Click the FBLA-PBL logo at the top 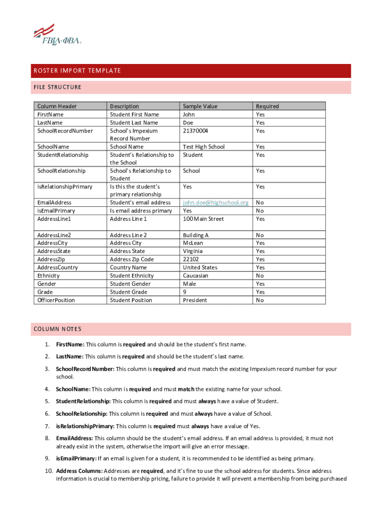[x=57, y=35]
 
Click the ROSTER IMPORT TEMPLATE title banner [x=76, y=70]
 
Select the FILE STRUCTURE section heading [x=57, y=87]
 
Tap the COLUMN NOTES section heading [x=58, y=329]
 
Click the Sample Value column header [x=200, y=106]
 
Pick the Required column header [x=267, y=106]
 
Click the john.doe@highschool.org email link [x=215, y=202]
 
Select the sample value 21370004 [x=195, y=130]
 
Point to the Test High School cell [x=203, y=146]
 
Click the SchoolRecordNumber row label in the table [x=65, y=130]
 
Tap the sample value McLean [x=193, y=243]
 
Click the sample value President [x=195, y=300]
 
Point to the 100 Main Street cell [x=203, y=219]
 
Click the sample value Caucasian [x=195, y=275]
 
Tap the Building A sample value [x=195, y=235]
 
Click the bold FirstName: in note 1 [x=70, y=344]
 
